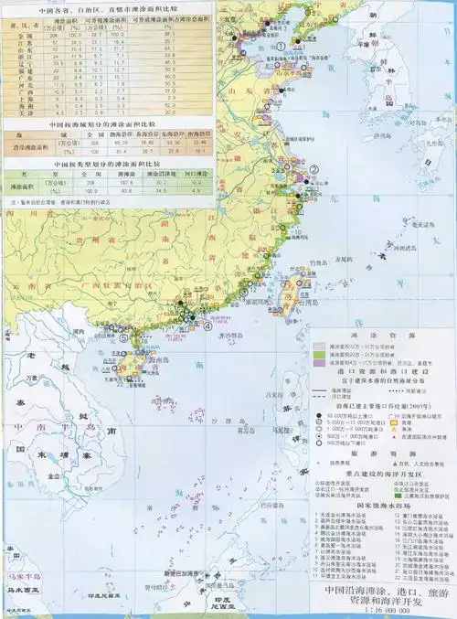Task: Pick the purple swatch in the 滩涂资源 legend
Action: click(x=319, y=363)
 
